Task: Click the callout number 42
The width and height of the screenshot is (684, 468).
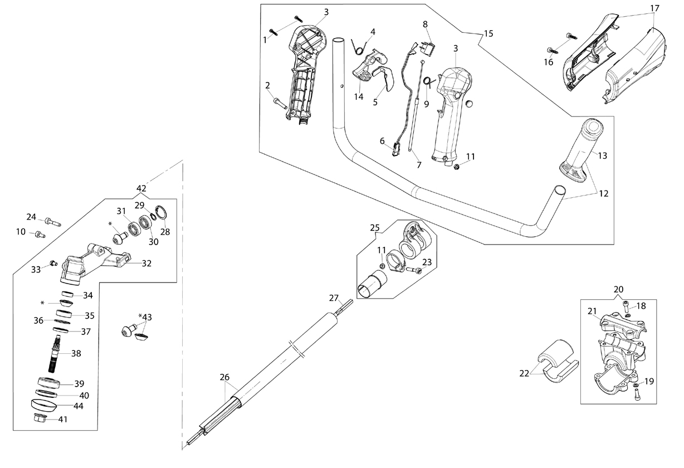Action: pos(141,188)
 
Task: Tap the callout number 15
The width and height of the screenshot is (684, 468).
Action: pos(488,33)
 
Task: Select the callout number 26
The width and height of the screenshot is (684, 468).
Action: pos(224,377)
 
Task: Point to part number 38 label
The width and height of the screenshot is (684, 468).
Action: pos(76,353)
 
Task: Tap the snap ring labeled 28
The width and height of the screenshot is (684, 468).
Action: pos(161,213)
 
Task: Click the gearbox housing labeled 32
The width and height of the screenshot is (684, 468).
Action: pos(96,264)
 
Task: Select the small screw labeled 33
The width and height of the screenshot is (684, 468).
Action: pos(53,263)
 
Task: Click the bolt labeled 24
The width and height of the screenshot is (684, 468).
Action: pos(53,222)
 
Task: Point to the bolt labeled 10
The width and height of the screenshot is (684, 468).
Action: pos(40,235)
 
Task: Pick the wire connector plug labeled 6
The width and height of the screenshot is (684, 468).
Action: pos(397,150)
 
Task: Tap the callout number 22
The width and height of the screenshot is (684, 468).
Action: pos(524,373)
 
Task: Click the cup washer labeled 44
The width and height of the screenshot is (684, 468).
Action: pos(44,405)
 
